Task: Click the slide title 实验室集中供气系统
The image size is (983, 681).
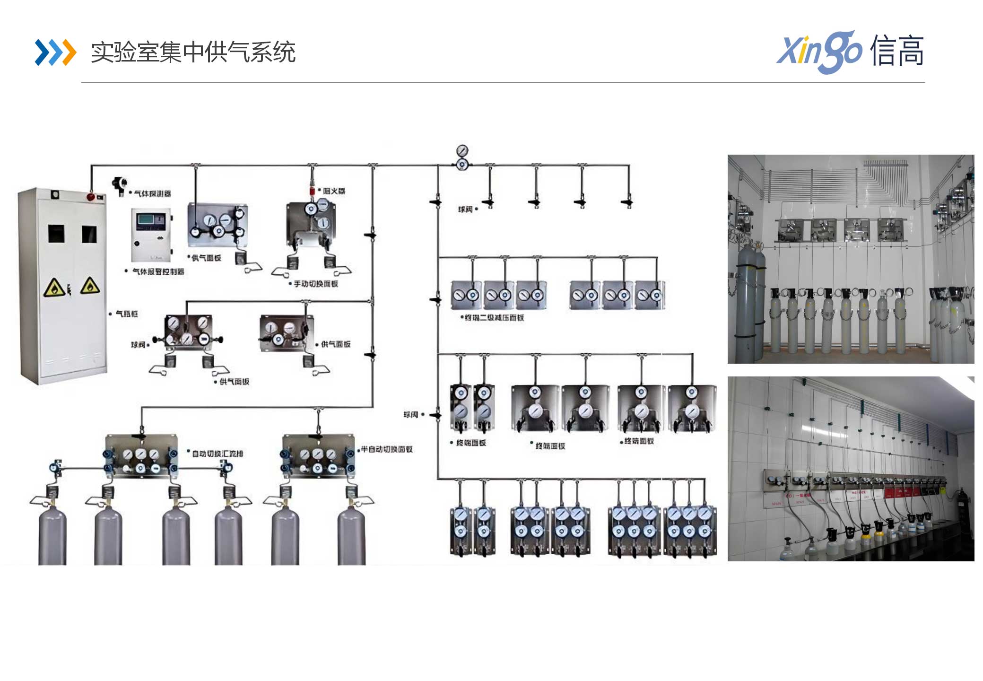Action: pyautogui.click(x=193, y=52)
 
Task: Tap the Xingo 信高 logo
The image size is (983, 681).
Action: pyautogui.click(x=850, y=51)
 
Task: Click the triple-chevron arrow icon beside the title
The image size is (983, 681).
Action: pyautogui.click(x=55, y=52)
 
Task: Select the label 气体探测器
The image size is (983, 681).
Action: pyautogui.click(x=152, y=193)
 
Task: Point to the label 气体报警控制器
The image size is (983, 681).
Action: pyautogui.click(x=158, y=271)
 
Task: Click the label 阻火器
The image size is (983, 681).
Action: pyautogui.click(x=334, y=191)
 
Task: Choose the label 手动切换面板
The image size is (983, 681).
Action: pyautogui.click(x=316, y=284)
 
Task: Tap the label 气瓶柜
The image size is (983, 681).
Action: pyautogui.click(x=127, y=314)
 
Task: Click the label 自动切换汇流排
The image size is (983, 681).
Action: pyautogui.click(x=217, y=454)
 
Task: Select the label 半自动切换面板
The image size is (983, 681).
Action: pyautogui.click(x=387, y=449)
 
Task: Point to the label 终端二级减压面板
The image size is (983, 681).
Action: pyautogui.click(x=494, y=317)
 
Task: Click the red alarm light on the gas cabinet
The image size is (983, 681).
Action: pyautogui.click(x=90, y=196)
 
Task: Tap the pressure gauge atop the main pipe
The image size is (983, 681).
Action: pyautogui.click(x=462, y=151)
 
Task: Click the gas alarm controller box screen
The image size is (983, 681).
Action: pyautogui.click(x=151, y=220)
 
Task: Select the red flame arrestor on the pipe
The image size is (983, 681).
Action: pyautogui.click(x=312, y=191)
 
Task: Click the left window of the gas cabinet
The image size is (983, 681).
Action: pyautogui.click(x=56, y=234)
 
